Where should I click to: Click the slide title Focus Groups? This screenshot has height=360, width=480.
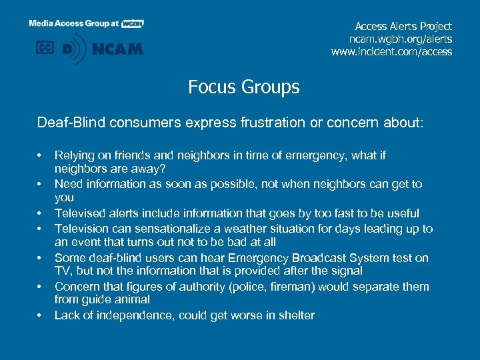[243, 87]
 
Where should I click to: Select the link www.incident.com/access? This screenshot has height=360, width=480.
[391, 51]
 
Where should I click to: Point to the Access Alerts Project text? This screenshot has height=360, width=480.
[403, 26]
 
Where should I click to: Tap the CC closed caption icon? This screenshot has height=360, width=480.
[45, 47]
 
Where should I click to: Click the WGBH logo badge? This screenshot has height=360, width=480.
[133, 23]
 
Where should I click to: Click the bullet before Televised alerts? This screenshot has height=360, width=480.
[41, 214]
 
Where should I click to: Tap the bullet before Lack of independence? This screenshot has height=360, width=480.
[41, 316]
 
